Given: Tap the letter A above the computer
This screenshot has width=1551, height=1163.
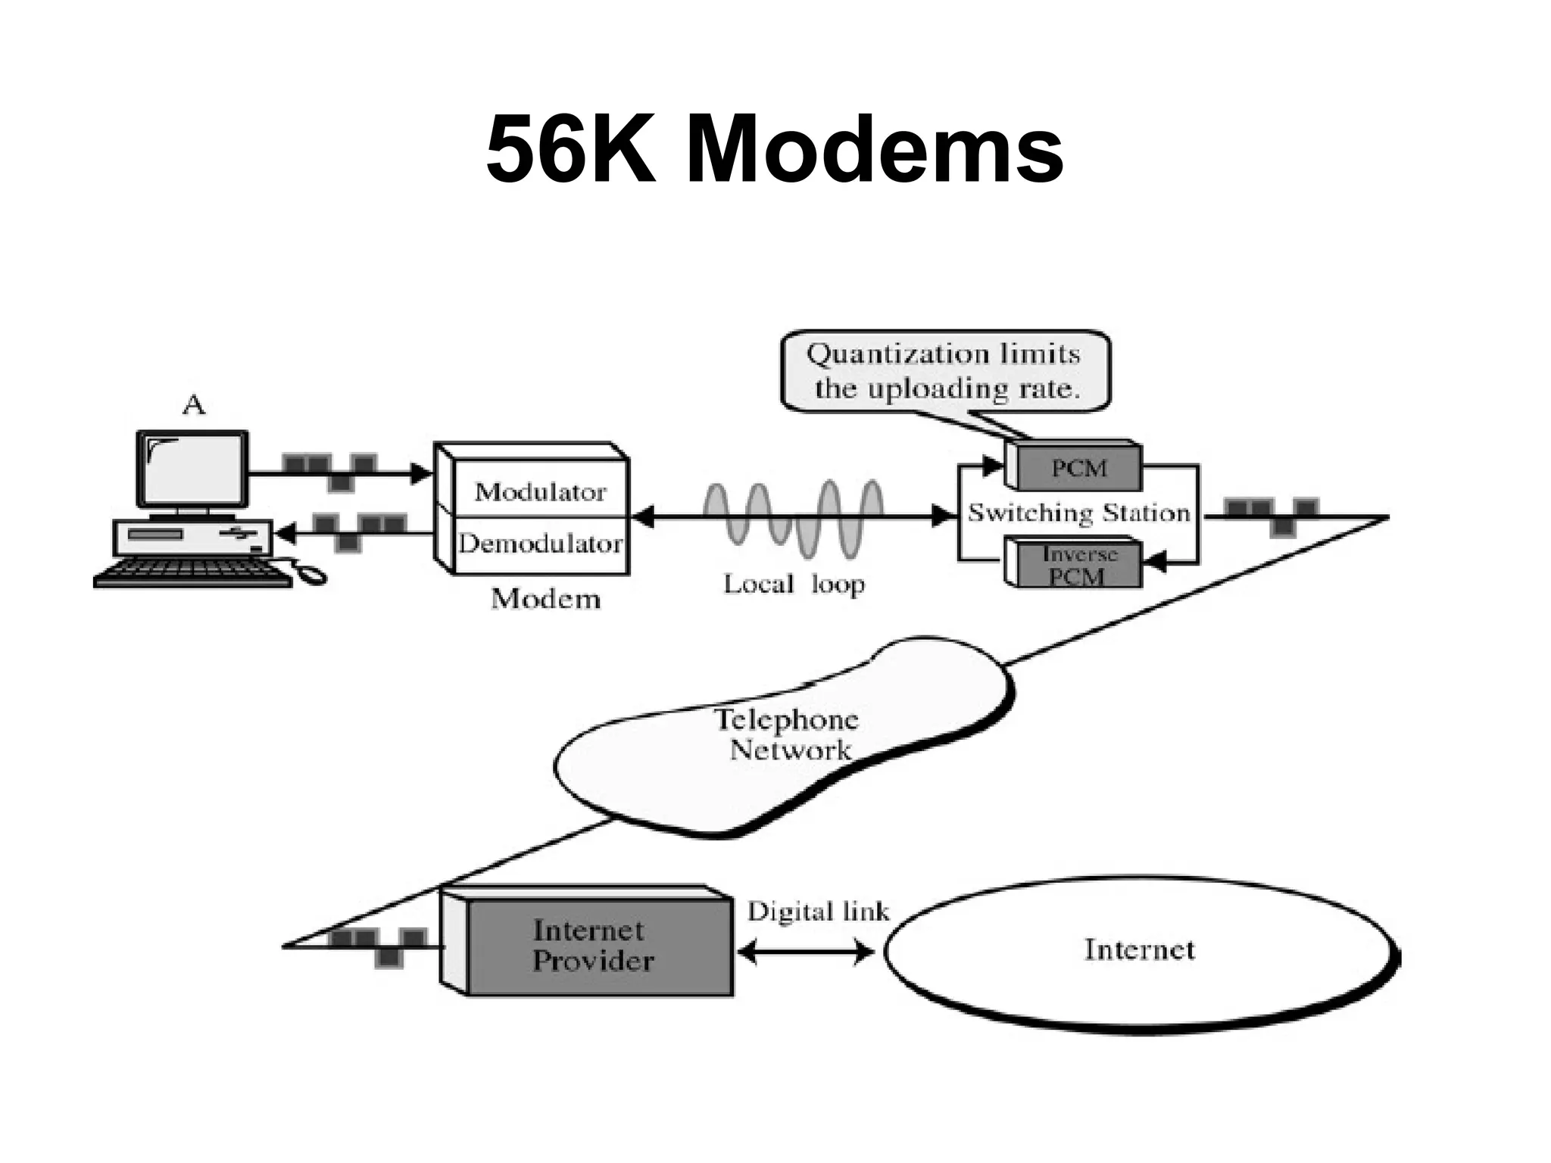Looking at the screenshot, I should click(194, 407).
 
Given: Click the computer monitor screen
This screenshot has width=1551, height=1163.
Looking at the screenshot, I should click(192, 469).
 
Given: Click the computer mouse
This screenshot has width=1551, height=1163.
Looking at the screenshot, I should click(311, 575).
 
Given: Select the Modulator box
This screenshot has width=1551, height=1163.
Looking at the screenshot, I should click(541, 492).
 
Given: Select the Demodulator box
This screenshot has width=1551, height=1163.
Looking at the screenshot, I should click(541, 544).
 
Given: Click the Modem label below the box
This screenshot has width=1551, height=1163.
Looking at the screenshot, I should click(545, 599).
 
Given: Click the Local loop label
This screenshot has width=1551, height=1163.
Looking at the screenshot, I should click(794, 584).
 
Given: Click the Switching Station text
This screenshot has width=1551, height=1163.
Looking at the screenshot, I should click(1079, 513).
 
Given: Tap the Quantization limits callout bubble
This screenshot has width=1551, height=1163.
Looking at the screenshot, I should click(945, 371).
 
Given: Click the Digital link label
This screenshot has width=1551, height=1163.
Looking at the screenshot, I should click(818, 912).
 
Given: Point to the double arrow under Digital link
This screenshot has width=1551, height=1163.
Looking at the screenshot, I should click(805, 951).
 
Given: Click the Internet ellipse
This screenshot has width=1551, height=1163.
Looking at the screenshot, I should click(1140, 950).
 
